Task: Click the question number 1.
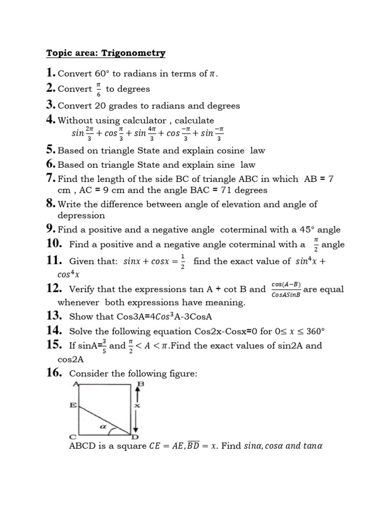pyautogui.click(x=50, y=73)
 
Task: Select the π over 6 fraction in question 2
pyautogui.click(x=99, y=89)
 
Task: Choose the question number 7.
pyautogui.click(x=50, y=178)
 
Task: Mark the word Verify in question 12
pyautogui.click(x=85, y=290)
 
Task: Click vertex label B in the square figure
pyautogui.click(x=140, y=384)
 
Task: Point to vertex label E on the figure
pyautogui.click(x=73, y=406)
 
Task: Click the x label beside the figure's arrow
pyautogui.click(x=137, y=406)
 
